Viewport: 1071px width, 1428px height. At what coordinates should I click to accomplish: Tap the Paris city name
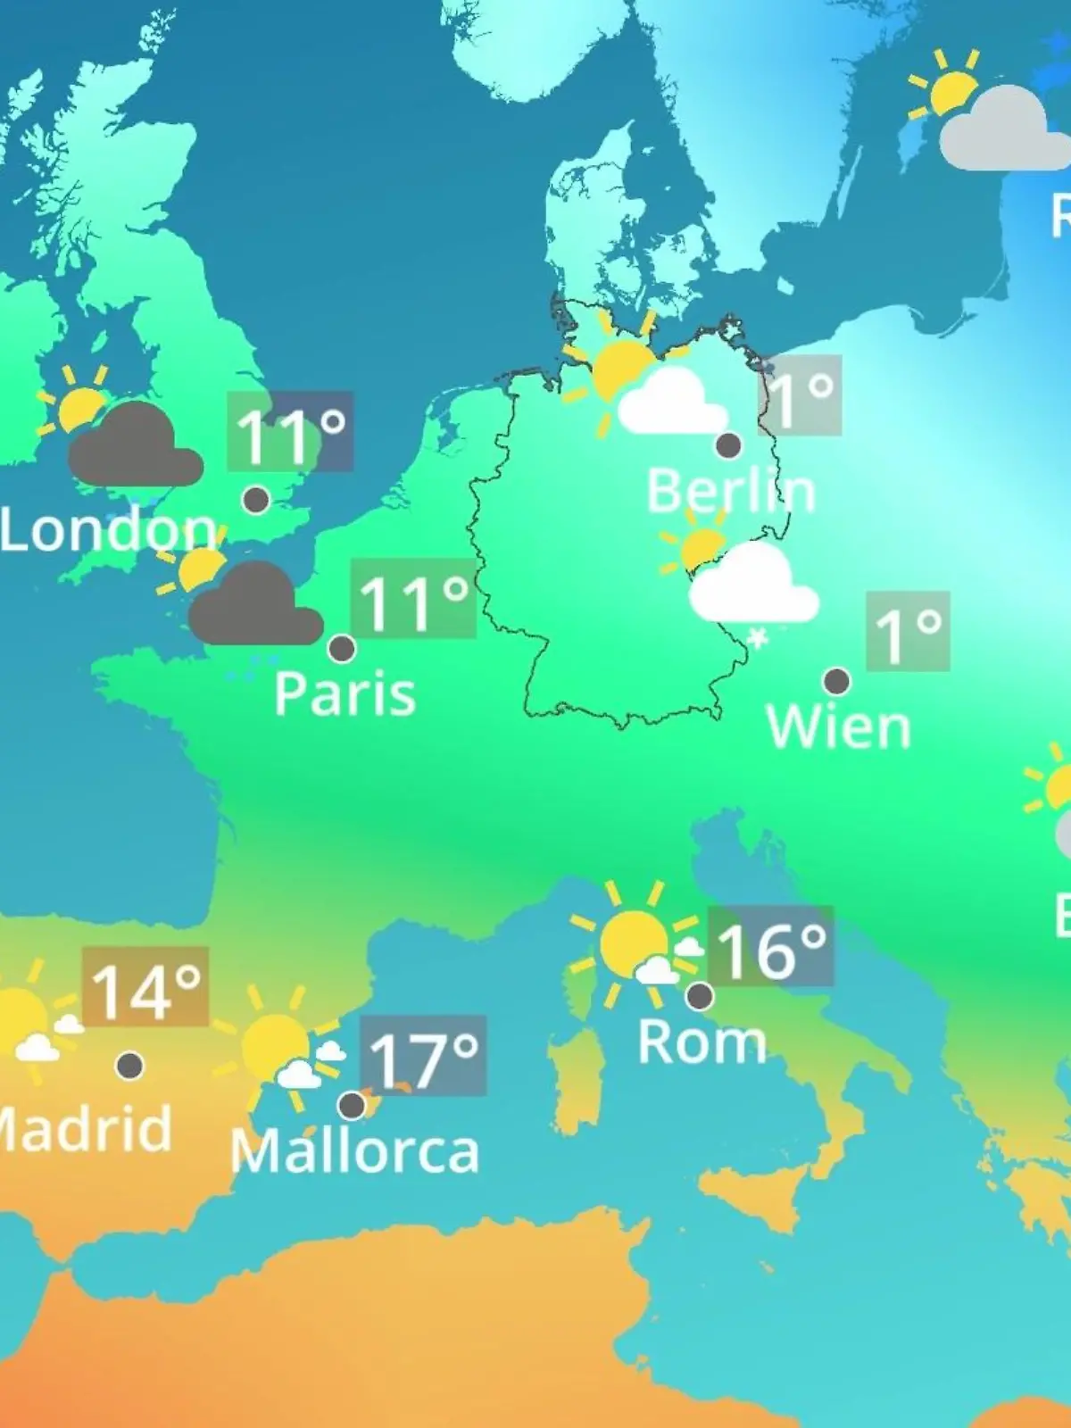(345, 693)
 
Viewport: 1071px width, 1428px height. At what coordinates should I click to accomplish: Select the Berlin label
(730, 491)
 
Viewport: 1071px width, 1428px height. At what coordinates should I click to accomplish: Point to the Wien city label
(838, 727)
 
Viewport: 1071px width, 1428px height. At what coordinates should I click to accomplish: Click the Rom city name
(702, 1042)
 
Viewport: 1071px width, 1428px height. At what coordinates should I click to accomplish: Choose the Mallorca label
(354, 1151)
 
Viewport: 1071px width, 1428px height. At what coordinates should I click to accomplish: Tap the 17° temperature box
(423, 1057)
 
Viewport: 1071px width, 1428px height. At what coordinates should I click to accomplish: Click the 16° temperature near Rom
(770, 947)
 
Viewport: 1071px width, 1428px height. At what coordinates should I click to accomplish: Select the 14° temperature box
(145, 987)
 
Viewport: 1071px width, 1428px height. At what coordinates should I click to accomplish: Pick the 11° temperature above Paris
(412, 599)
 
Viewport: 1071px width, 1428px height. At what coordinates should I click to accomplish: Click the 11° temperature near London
(290, 432)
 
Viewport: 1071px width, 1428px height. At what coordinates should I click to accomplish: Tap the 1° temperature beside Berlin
(800, 395)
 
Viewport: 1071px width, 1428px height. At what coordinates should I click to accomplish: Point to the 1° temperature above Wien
(908, 631)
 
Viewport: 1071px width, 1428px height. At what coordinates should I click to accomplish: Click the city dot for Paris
(342, 648)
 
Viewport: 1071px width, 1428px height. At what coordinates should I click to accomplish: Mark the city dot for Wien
(836, 681)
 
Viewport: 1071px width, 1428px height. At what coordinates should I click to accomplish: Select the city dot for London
(256, 499)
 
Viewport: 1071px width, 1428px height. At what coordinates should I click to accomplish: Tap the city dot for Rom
(700, 995)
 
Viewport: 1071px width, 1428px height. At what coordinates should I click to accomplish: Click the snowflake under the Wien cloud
(758, 639)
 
